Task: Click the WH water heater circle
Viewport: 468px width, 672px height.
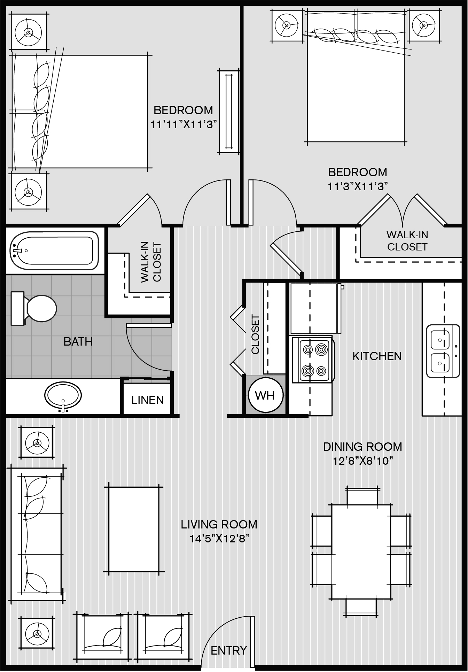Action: (x=266, y=395)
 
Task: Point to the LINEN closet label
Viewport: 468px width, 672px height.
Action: (x=148, y=400)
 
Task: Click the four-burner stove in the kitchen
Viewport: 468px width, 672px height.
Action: (x=312, y=360)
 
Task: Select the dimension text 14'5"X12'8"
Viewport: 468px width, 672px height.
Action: (x=219, y=539)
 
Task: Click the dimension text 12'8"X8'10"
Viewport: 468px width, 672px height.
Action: (x=362, y=461)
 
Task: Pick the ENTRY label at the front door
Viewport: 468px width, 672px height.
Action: (x=229, y=650)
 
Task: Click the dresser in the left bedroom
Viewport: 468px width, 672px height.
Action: (x=229, y=111)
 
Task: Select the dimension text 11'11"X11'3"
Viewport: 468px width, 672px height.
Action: (x=184, y=125)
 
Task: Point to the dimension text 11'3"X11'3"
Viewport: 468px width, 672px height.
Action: (x=358, y=187)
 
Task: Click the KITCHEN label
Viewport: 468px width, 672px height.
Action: (x=377, y=356)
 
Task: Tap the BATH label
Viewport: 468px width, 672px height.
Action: (x=78, y=341)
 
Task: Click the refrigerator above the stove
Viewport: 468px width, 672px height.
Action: (x=313, y=308)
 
